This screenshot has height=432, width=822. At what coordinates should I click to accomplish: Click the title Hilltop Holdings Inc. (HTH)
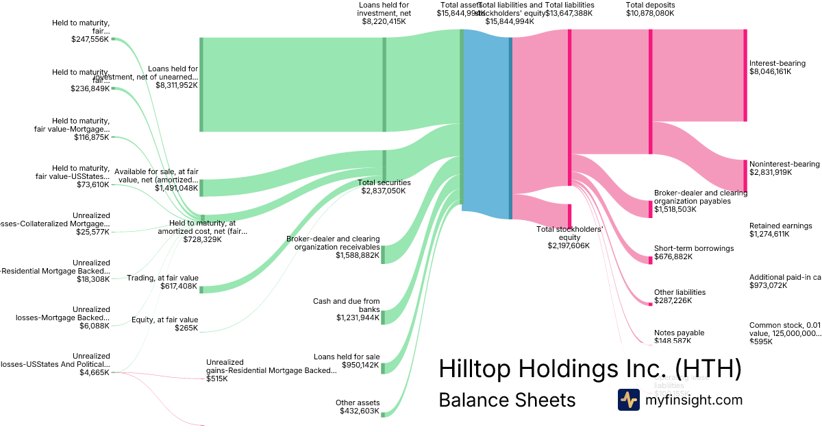(590, 369)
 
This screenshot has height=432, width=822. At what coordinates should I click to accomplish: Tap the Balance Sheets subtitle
(507, 400)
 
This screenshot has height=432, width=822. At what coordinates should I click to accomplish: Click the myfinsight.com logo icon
(628, 400)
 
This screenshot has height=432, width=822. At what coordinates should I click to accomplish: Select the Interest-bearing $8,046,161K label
(777, 67)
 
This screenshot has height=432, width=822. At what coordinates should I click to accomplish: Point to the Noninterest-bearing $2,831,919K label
(784, 168)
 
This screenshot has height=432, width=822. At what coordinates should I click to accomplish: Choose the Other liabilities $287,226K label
(680, 296)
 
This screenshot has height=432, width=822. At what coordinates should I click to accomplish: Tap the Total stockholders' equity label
(569, 237)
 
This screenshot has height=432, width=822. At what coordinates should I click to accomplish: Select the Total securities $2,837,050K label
(384, 187)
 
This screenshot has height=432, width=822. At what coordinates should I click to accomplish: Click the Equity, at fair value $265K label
(164, 324)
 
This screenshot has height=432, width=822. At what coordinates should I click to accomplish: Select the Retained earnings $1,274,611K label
(780, 230)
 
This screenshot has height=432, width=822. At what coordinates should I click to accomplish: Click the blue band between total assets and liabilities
(486, 123)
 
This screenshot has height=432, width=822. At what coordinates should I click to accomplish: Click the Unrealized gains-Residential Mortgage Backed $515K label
(271, 370)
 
